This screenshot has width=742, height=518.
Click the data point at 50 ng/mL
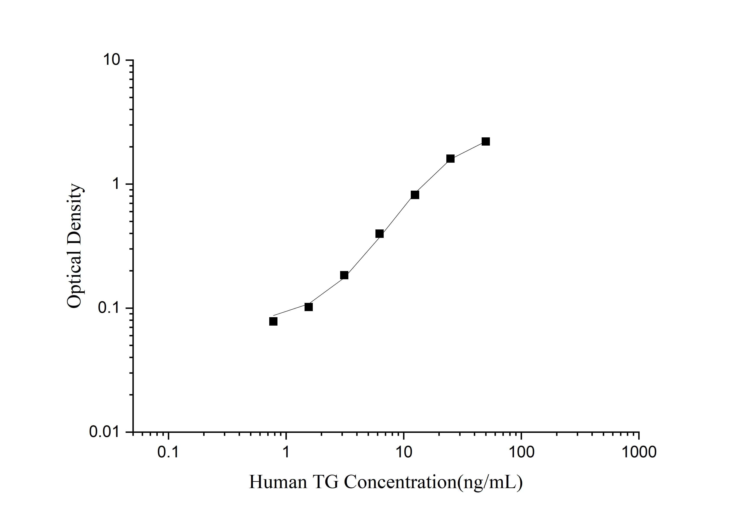(485, 141)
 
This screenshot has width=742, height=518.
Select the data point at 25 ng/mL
(450, 159)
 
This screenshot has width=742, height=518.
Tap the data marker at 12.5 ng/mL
(415, 195)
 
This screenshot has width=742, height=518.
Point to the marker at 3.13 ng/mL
(344, 275)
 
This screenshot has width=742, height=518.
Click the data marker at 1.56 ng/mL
(309, 307)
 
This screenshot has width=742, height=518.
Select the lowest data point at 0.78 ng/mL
(273, 321)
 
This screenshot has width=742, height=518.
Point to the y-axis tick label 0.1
(109, 308)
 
